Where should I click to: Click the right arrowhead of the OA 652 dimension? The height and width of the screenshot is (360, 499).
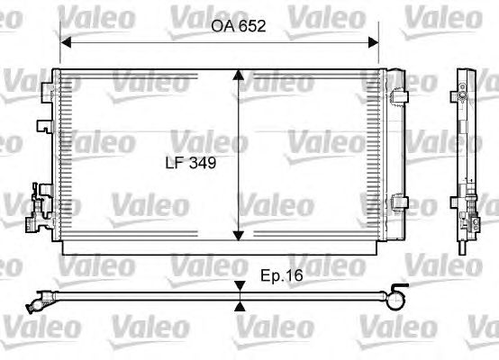coord(373,42)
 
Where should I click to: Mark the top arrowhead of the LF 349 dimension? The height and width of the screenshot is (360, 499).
coord(238,76)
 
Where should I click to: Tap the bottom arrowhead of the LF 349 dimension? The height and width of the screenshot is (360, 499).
coord(238,235)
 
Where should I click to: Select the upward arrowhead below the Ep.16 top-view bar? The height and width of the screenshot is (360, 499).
coord(240,306)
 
